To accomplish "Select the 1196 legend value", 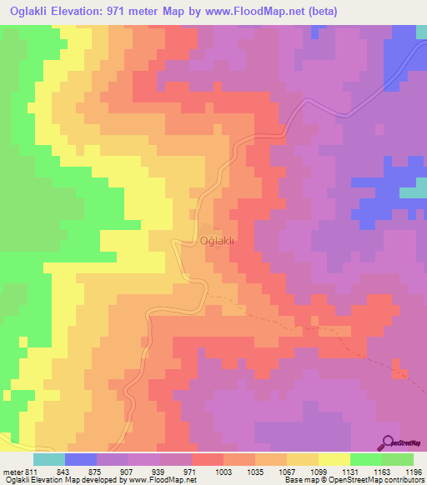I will click(x=414, y=472).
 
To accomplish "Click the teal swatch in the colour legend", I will click(x=48, y=459).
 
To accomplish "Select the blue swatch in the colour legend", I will click(x=80, y=459).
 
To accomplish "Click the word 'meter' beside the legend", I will click(x=11, y=472).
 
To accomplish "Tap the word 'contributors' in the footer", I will click(x=405, y=480).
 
